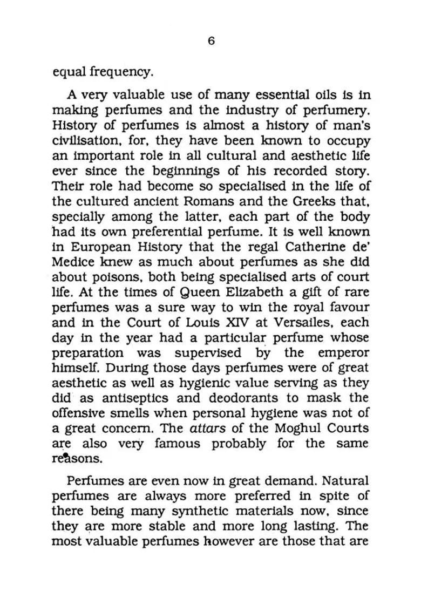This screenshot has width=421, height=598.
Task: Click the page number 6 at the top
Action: [x=211, y=41]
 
